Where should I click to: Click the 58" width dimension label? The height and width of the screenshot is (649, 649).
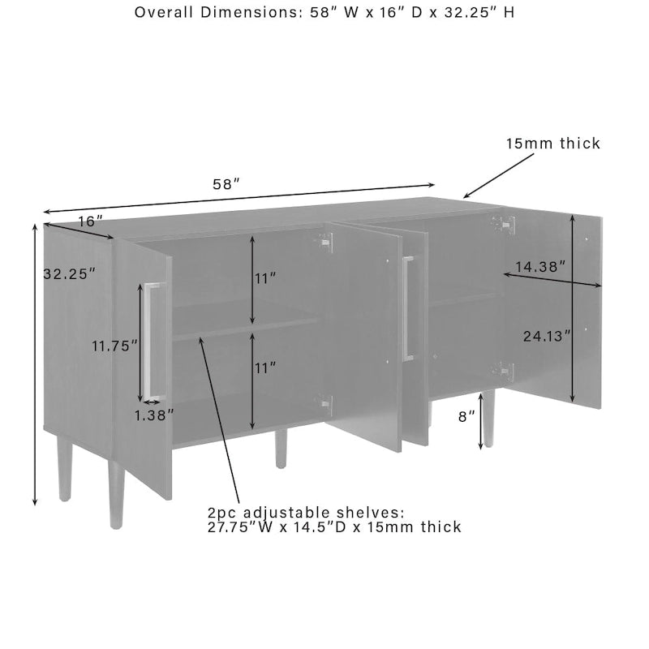coord(226,184)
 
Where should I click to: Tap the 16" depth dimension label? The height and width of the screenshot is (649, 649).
coord(91,221)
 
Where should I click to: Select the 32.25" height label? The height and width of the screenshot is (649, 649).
coord(69,273)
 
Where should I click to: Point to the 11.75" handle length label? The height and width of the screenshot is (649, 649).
coord(110,345)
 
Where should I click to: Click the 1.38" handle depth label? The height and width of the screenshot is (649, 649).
coord(155,414)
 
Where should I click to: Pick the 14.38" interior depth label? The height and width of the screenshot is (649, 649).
coord(539,265)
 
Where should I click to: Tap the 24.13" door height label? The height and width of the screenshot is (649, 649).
coord(546,333)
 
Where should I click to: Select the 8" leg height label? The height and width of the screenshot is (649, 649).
coord(466,416)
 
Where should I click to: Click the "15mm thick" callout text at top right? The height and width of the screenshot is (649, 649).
coord(553,144)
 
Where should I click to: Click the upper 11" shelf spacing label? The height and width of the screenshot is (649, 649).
coord(265,278)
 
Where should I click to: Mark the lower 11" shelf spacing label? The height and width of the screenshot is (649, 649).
coord(265,367)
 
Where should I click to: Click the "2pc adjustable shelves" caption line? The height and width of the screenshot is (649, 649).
coord(305,513)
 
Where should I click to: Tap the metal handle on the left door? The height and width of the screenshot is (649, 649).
coord(153,341)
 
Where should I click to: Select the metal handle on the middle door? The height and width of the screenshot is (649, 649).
coord(408,308)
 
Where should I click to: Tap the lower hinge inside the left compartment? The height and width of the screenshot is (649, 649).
coord(324,404)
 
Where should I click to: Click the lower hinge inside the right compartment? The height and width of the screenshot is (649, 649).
coord(505,372)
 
